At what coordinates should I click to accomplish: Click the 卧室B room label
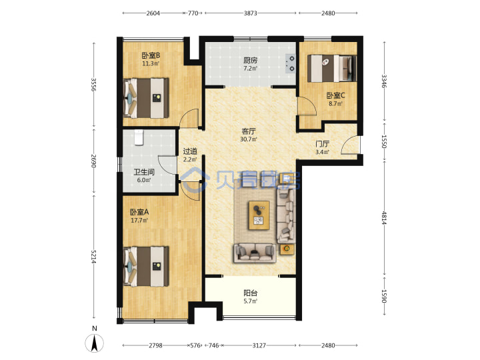(x=151, y=56)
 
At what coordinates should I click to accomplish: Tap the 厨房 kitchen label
(x=251, y=60)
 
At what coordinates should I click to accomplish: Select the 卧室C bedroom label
(x=335, y=95)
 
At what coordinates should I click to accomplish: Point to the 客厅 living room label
(x=249, y=131)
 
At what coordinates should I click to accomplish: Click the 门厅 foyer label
(x=323, y=144)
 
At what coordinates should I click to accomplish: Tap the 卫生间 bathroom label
(x=144, y=172)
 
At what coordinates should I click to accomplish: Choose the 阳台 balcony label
(x=251, y=293)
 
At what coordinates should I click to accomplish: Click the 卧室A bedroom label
(x=139, y=212)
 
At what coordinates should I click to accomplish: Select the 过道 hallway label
(x=190, y=151)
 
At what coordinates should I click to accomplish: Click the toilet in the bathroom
(x=139, y=137)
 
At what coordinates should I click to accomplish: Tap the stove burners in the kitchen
(x=291, y=64)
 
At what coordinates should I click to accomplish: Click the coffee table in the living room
(x=259, y=215)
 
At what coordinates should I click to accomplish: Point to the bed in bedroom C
(x=332, y=68)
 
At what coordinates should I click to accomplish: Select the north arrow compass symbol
(x=94, y=343)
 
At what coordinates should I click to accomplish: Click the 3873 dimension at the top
(x=251, y=13)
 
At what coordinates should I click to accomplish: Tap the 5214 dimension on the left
(x=94, y=257)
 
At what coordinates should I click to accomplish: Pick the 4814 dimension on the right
(x=385, y=217)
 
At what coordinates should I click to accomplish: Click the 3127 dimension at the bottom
(x=259, y=345)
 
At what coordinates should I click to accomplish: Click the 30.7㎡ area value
(x=249, y=139)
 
